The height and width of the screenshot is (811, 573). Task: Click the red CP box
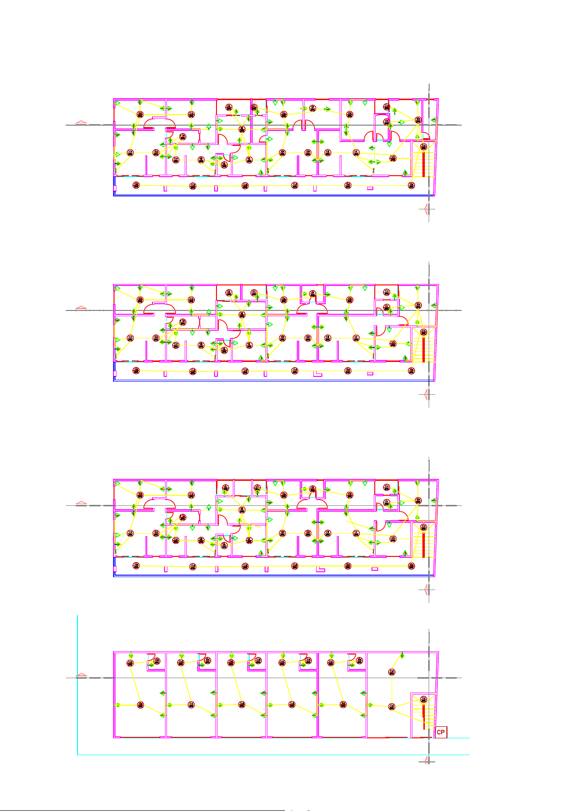pyautogui.click(x=441, y=732)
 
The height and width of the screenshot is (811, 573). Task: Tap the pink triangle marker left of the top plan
pyautogui.click(x=81, y=122)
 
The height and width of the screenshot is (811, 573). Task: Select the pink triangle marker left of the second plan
pyautogui.click(x=81, y=308)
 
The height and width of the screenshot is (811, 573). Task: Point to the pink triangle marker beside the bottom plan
pyautogui.click(x=81, y=675)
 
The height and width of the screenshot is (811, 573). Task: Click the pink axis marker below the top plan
pyautogui.click(x=424, y=209)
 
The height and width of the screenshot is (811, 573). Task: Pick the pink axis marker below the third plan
pyautogui.click(x=424, y=589)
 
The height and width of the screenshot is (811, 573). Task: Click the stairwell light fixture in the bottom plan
pyautogui.click(x=423, y=699)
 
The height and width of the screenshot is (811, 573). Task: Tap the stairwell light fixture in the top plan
pyautogui.click(x=423, y=147)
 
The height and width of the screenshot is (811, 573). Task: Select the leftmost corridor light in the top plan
pyautogui.click(x=136, y=185)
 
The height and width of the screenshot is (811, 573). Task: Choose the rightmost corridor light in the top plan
pyautogui.click(x=411, y=185)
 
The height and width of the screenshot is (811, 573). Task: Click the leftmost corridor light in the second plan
pyautogui.click(x=136, y=370)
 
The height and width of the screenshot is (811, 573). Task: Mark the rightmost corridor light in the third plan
pyautogui.click(x=411, y=566)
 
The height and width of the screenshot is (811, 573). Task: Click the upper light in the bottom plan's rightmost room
pyautogui.click(x=392, y=671)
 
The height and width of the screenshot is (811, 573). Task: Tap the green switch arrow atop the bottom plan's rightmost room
pyautogui.click(x=402, y=655)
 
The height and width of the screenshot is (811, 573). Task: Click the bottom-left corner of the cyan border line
pyautogui.click(x=77, y=755)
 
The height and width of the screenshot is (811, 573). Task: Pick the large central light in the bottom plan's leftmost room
pyautogui.click(x=140, y=705)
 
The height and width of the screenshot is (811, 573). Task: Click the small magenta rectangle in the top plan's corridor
pyautogui.click(x=370, y=188)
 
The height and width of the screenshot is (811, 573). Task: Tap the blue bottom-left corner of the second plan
pyautogui.click(x=114, y=380)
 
